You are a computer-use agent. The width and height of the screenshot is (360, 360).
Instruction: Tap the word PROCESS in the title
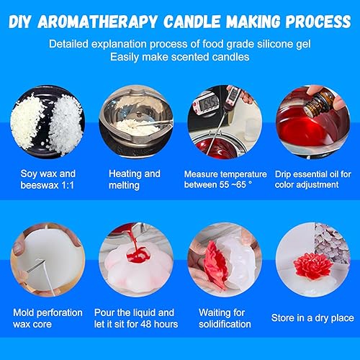(318, 22)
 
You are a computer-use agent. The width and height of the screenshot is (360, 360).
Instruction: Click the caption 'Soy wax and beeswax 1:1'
(48, 179)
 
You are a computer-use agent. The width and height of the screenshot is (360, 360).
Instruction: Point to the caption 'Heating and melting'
(135, 179)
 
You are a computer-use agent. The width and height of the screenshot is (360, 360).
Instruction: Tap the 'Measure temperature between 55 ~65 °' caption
(225, 179)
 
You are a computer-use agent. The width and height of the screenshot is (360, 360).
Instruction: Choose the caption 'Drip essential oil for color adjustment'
(313, 179)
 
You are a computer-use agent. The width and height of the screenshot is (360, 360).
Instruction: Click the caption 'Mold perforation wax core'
(48, 318)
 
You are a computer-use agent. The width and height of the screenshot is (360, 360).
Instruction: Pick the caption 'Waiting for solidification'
(225, 318)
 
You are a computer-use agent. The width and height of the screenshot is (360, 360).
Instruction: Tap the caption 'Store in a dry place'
(312, 318)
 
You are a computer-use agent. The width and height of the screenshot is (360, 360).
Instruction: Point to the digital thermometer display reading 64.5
(209, 103)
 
